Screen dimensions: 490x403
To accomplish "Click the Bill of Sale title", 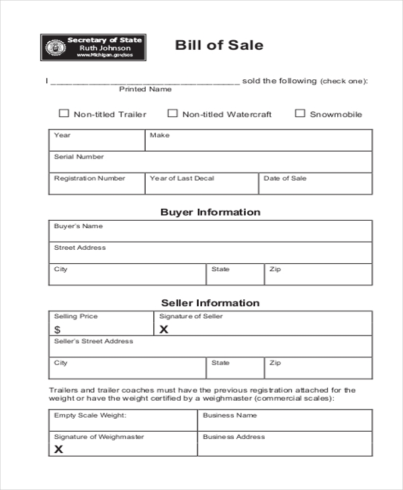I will click(219, 46).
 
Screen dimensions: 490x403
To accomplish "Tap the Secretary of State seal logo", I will click(52, 48).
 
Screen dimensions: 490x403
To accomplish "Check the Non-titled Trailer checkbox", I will click(64, 113).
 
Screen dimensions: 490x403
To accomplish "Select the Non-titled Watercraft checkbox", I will click(173, 113).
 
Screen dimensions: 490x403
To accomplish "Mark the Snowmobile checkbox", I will click(300, 113).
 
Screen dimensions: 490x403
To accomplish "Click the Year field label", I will click(62, 136).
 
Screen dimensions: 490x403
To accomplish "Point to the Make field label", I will click(159, 136).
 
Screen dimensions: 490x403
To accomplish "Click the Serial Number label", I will click(79, 157).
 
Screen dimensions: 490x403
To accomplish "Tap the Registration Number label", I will click(89, 179).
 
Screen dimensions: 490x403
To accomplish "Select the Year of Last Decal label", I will click(182, 179).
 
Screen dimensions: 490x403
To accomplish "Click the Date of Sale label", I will click(285, 179).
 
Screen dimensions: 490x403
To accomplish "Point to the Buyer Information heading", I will click(210, 212).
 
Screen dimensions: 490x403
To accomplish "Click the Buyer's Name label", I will click(78, 227).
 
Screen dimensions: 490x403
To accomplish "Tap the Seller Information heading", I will click(210, 303).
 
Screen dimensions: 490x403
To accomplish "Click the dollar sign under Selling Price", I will click(57, 330).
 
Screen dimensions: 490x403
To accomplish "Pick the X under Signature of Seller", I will click(163, 330).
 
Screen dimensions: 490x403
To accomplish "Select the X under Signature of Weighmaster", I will click(58, 449).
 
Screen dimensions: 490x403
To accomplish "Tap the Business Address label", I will click(234, 437).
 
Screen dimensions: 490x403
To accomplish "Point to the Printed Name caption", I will click(145, 89).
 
